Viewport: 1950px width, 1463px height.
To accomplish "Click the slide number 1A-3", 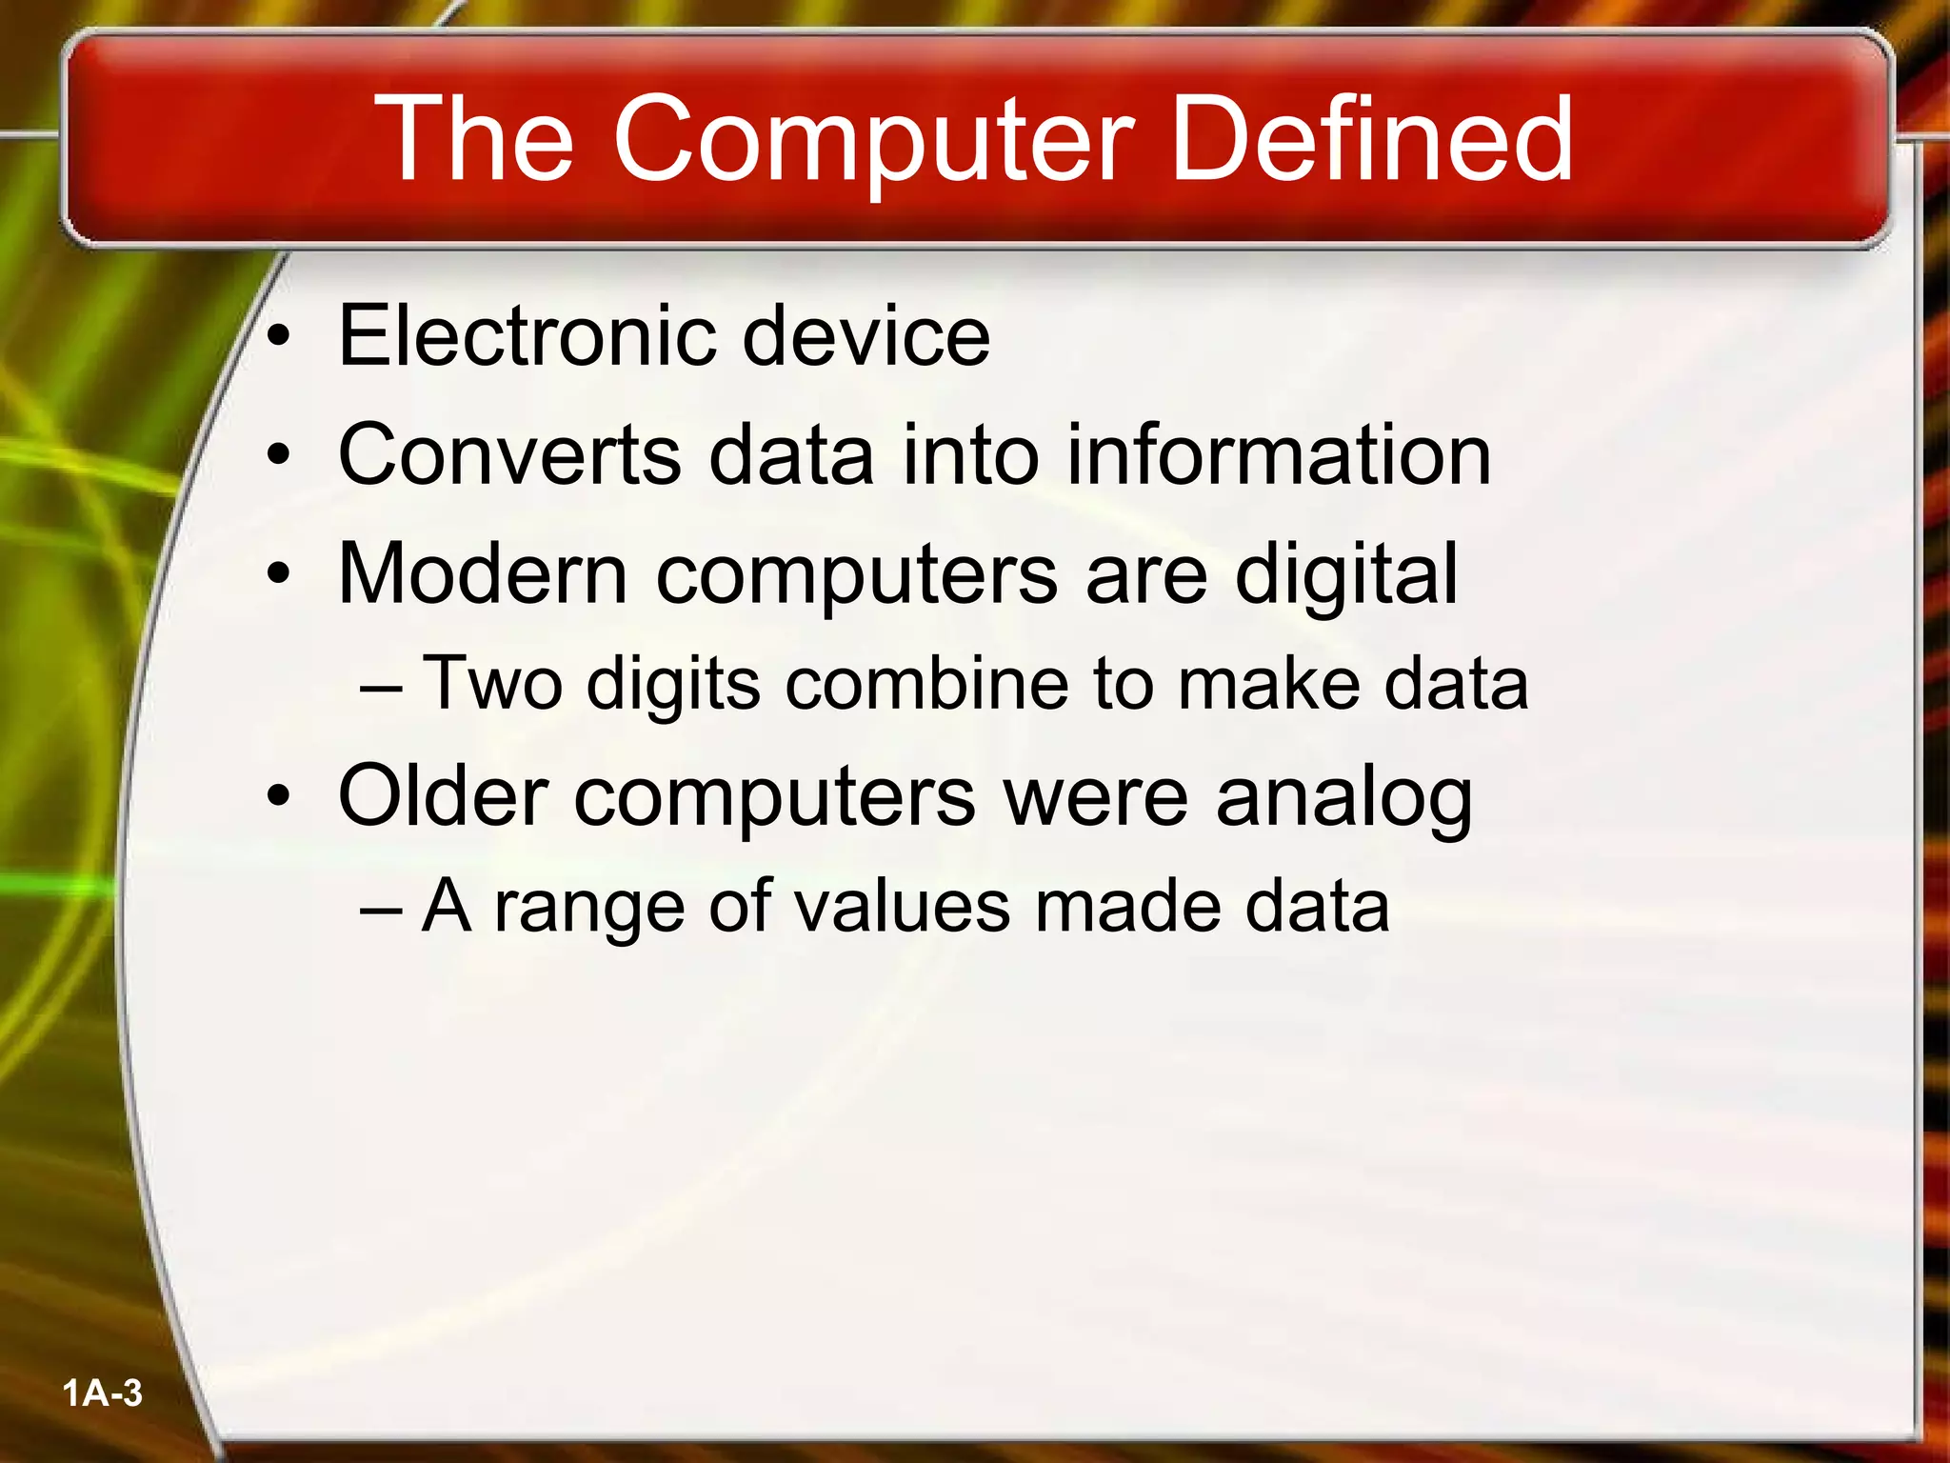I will click(x=102, y=1393).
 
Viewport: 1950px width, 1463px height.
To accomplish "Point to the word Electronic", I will click(x=527, y=335).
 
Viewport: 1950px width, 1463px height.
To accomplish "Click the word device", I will click(x=866, y=335).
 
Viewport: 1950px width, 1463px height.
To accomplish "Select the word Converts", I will click(x=509, y=455).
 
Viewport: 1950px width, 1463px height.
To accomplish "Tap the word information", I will click(x=1278, y=455).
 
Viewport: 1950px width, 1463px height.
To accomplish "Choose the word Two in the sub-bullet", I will click(x=491, y=684).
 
